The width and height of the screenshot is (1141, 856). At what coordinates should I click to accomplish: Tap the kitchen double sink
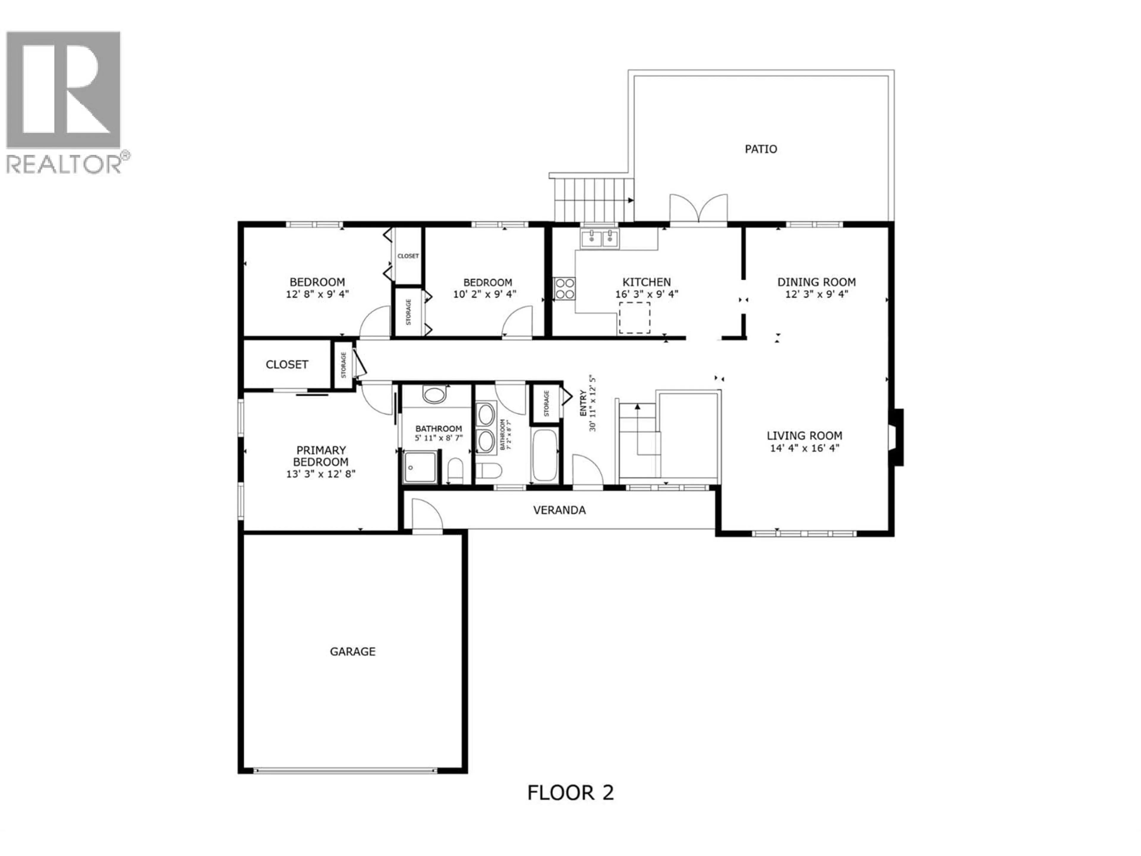coord(599,239)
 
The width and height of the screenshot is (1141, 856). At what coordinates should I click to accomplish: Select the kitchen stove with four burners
coord(564,288)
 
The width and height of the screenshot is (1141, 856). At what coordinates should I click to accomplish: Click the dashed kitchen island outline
coord(634,317)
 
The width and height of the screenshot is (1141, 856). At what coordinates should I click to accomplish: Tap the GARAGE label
coord(352,652)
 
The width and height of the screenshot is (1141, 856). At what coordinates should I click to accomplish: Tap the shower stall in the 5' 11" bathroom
coord(420,467)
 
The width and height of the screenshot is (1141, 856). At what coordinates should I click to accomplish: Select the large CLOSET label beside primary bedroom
coord(287,365)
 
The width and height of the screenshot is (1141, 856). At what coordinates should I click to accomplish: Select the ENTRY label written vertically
coord(583,404)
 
